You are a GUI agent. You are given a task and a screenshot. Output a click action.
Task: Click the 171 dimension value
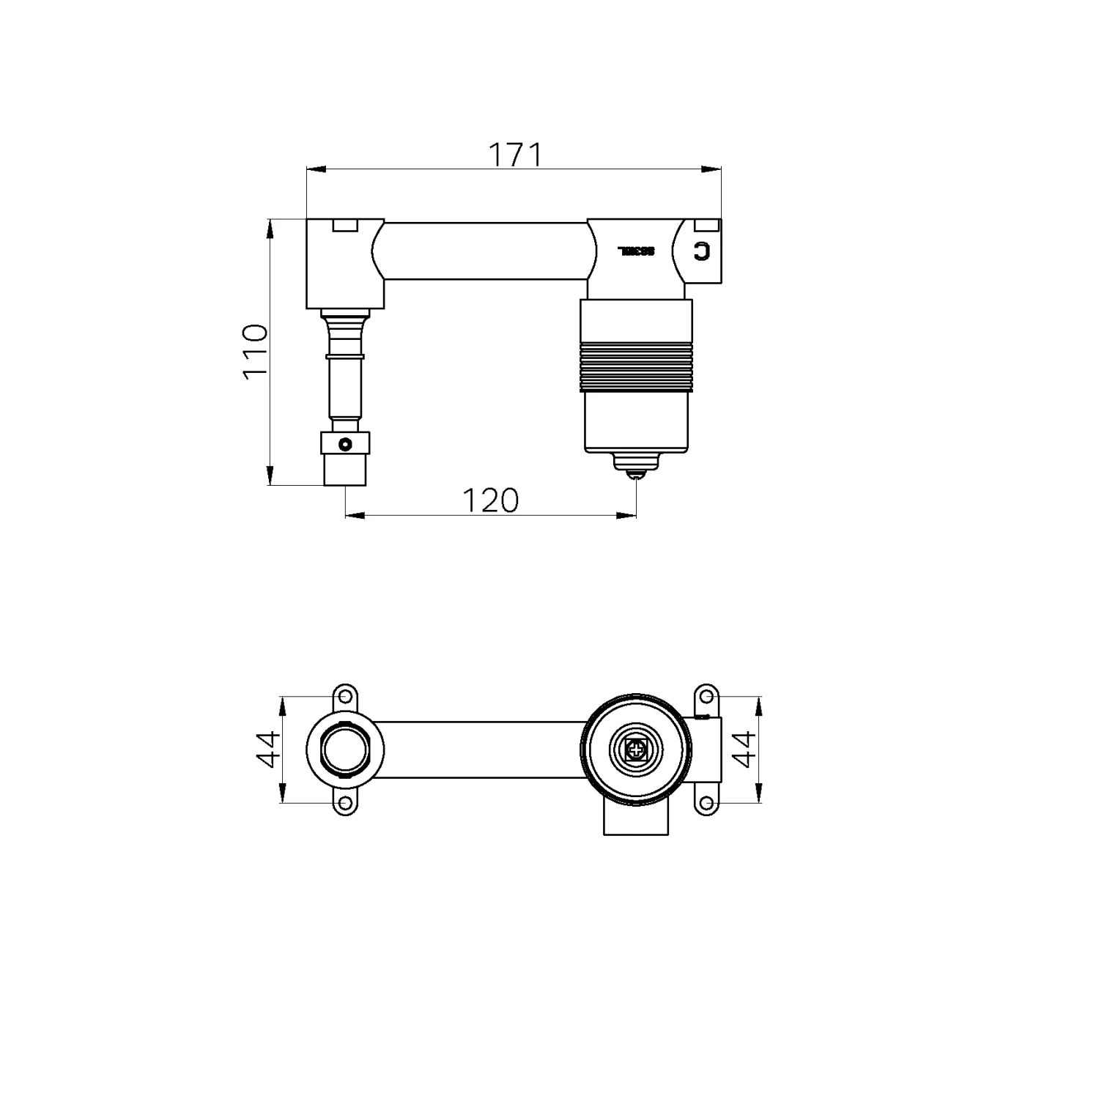pyautogui.click(x=514, y=155)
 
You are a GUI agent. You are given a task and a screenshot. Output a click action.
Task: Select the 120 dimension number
pyautogui.click(x=490, y=500)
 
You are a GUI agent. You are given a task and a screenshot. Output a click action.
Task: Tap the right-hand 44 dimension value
pyautogui.click(x=744, y=749)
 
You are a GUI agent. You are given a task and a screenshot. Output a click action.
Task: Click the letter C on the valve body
pyautogui.click(x=702, y=251)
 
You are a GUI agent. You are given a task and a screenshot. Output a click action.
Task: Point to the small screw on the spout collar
pyautogui.click(x=344, y=443)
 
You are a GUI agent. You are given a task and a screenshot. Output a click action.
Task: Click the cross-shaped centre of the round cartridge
pyautogui.click(x=636, y=749)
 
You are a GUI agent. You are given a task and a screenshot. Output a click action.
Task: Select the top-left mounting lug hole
pyautogui.click(x=344, y=695)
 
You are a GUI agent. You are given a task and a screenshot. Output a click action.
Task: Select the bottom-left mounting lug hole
pyautogui.click(x=344, y=804)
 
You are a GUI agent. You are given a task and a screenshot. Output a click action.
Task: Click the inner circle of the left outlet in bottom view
pyautogui.click(x=344, y=749)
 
